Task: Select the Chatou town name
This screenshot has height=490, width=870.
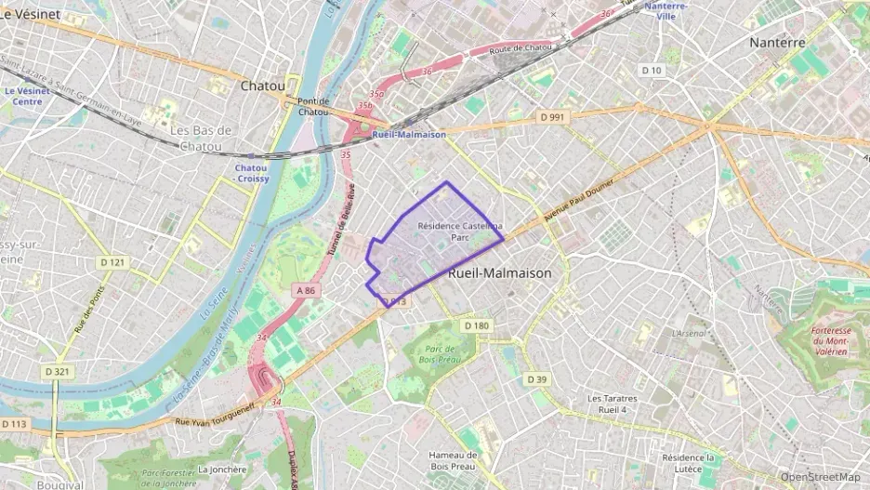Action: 262,86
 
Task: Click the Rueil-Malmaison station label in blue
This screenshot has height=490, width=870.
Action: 408,135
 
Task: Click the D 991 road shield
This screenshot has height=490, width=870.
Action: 552,117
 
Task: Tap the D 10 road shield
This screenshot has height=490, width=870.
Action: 652,71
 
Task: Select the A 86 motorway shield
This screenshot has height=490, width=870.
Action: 306,291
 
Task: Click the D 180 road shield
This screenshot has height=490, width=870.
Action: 475,325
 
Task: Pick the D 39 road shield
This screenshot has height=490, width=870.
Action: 537,379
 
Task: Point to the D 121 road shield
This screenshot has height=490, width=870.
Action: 112,263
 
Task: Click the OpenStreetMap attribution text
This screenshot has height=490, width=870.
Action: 820,477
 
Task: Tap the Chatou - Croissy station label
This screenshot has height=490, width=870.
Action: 251,173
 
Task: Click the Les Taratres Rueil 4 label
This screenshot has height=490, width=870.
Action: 613,404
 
